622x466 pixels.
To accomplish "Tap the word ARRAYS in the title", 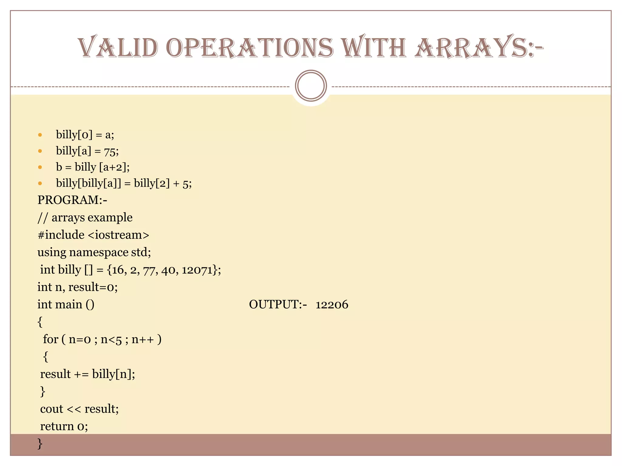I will point(470,48).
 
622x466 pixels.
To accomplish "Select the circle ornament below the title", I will point(311,86).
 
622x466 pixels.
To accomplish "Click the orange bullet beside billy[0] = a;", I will point(40,135).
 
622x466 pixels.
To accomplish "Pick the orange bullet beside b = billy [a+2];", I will point(40,167).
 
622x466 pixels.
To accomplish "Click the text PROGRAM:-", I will point(72,200).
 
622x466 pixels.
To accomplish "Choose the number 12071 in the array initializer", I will point(197,270).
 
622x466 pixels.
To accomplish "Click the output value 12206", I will point(332,305).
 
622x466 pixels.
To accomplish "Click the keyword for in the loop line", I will point(50,339).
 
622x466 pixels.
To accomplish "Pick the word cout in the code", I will point(52,409).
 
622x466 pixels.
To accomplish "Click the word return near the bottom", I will point(57,426).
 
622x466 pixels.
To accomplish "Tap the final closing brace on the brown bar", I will point(40,444).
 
